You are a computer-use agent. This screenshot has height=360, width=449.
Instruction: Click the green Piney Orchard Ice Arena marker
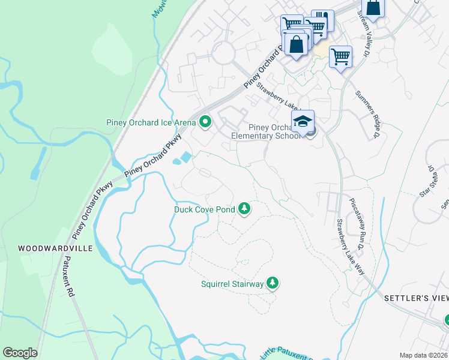[x=205, y=122]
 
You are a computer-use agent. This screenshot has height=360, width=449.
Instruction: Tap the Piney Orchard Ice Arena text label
[x=151, y=123]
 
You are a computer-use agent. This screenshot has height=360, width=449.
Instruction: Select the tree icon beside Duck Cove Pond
[x=244, y=209]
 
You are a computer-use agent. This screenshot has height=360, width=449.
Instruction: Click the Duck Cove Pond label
[x=203, y=209]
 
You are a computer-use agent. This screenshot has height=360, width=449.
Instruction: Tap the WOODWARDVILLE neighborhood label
[x=46, y=247]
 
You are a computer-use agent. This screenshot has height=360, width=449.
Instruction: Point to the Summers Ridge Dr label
[x=367, y=114]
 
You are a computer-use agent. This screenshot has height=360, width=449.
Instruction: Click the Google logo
[x=20, y=353]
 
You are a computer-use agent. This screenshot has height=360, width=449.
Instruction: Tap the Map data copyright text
[x=424, y=355]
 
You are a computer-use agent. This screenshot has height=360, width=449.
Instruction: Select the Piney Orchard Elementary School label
[x=265, y=131]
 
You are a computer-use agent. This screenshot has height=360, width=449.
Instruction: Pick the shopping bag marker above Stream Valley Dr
[x=373, y=8]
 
